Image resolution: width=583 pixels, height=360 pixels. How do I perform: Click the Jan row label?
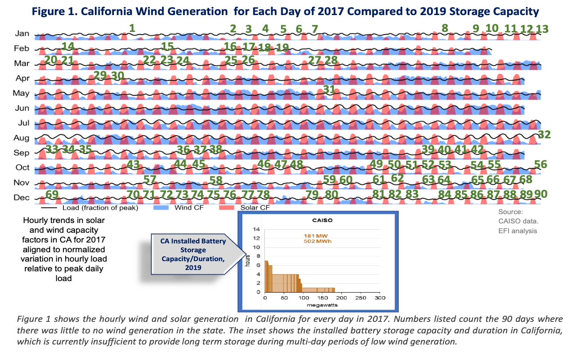pyautogui.click(x=22, y=33)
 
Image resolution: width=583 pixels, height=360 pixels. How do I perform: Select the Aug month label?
pyautogui.click(x=21, y=138)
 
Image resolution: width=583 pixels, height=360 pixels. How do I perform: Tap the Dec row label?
pyautogui.click(x=21, y=197)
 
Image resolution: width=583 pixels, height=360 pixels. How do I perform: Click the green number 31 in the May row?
pyautogui.click(x=329, y=90)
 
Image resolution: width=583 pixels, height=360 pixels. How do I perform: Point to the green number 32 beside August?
pyautogui.click(x=544, y=134)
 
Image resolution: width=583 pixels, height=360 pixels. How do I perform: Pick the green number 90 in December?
pyautogui.click(x=541, y=194)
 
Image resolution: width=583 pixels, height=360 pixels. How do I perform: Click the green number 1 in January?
pyautogui.click(x=132, y=28)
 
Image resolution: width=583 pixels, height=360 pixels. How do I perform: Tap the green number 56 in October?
pyautogui.click(x=540, y=164)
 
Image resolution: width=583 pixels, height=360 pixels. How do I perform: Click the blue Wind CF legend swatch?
pyautogui.click(x=161, y=207)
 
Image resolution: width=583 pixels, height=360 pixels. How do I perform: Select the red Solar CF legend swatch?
pyautogui.click(x=226, y=207)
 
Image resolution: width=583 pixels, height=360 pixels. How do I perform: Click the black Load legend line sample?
pyautogui.click(x=49, y=208)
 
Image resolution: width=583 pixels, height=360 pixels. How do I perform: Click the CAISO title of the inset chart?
pyautogui.click(x=322, y=220)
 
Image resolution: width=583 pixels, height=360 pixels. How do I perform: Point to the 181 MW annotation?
pyautogui.click(x=316, y=236)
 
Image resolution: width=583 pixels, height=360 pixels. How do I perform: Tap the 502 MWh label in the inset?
pyautogui.click(x=318, y=241)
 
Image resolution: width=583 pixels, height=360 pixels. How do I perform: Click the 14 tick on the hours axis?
pyautogui.click(x=257, y=229)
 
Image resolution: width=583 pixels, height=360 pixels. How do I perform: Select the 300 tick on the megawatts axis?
pyautogui.click(x=380, y=298)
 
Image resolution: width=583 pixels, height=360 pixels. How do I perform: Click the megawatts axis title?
pyautogui.click(x=322, y=305)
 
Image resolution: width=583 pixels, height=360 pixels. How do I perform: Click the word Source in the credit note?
pyautogui.click(x=510, y=212)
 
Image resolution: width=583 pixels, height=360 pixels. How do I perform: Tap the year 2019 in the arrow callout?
pyautogui.click(x=193, y=267)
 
